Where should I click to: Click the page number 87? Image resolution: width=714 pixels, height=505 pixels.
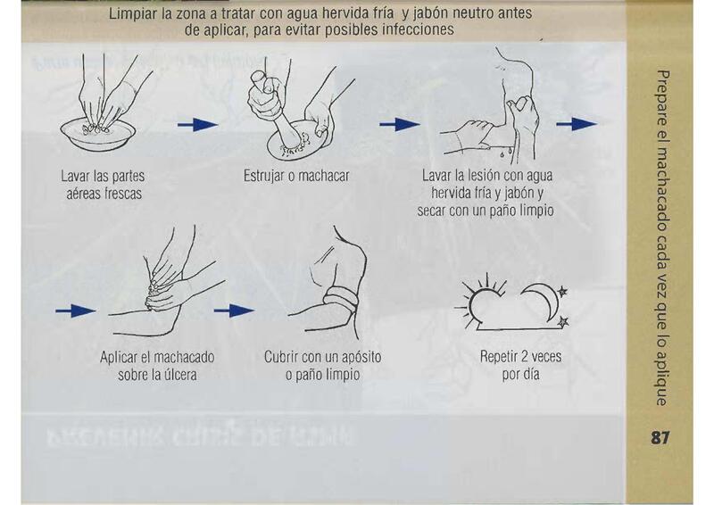coord(660,437)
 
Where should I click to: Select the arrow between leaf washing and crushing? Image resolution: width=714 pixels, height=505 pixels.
coord(197,124)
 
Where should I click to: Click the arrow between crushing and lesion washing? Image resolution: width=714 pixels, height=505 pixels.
coord(400,124)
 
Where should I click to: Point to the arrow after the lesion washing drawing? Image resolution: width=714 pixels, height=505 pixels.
coord(577,124)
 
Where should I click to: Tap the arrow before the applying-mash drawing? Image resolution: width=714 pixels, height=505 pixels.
coord(76,311)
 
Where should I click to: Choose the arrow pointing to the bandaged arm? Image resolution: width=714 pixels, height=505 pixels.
coord(234,311)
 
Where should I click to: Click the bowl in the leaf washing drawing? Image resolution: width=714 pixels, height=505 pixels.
coord(98,136)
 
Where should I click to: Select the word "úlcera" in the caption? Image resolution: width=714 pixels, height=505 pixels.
coord(180,376)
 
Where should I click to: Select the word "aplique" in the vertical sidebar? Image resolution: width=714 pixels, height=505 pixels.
coord(662,382)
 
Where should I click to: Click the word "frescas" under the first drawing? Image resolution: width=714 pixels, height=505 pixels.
coord(123,194)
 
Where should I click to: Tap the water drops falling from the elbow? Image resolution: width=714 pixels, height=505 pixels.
coord(506,151)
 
